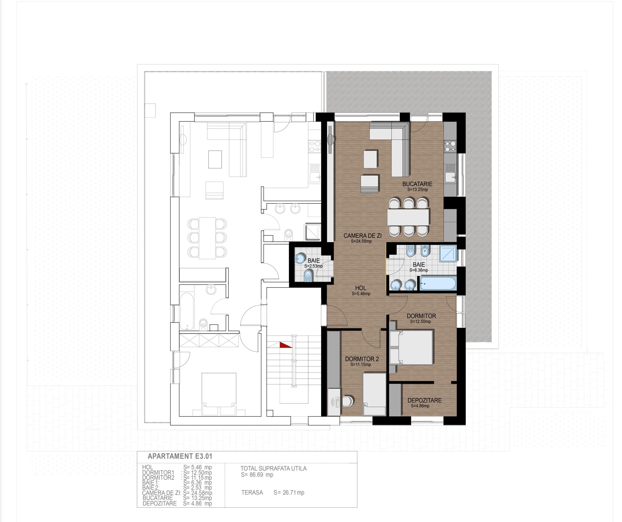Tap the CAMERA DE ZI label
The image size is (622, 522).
[362, 236]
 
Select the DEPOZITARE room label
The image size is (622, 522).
[424, 400]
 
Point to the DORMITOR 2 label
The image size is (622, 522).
[362, 359]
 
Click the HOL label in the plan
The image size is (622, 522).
[361, 288]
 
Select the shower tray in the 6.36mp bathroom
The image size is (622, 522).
[448, 253]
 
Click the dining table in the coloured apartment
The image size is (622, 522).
[408, 217]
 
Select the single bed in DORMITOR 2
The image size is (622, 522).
[375, 394]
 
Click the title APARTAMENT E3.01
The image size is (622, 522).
[180, 456]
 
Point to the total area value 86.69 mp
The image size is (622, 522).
[257, 475]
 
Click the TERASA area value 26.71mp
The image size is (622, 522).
[289, 492]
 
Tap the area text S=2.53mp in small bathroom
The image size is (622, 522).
[313, 266]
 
